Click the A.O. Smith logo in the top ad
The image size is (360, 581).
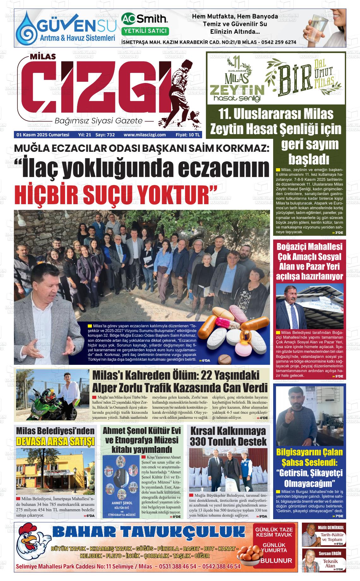144,19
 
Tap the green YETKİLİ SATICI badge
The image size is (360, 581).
145,31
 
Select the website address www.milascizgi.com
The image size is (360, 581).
145,135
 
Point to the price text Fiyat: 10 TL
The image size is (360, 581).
188,135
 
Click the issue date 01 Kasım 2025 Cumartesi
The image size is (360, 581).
43,135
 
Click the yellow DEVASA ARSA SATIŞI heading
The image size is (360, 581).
55,441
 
